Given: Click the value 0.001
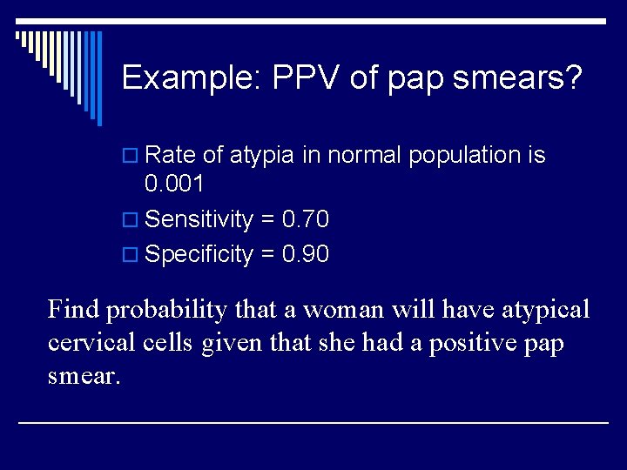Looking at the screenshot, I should pyautogui.click(x=174, y=184).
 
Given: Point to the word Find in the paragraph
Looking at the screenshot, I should pyautogui.click(x=73, y=309).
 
